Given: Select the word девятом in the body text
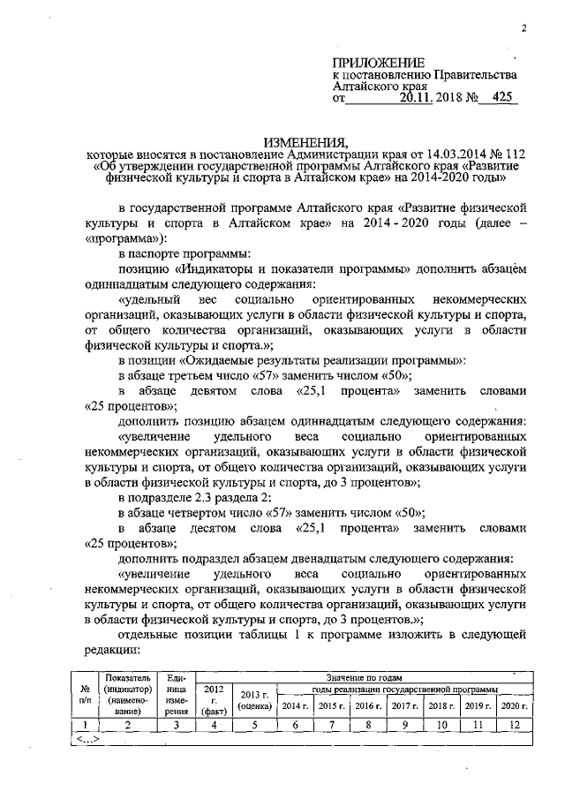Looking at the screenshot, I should click(x=224, y=391).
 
